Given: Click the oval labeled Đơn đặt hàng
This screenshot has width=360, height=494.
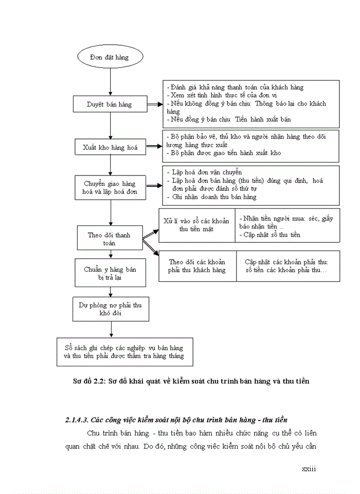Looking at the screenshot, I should (109, 57).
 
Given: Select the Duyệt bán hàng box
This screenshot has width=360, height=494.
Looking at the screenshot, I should (110, 104).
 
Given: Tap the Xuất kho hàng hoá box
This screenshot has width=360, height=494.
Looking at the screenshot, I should (110, 147).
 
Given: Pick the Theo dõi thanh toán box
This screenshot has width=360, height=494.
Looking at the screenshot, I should (109, 239).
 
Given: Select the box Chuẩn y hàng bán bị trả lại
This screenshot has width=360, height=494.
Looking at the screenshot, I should (110, 273).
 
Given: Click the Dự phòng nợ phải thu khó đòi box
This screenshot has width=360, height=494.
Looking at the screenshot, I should (110, 309).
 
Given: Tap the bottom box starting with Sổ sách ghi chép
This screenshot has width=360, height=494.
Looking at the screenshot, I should (120, 352).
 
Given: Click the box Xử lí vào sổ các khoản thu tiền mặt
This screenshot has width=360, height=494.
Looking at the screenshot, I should (196, 225).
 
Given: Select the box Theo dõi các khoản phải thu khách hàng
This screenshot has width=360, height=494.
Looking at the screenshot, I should (197, 266).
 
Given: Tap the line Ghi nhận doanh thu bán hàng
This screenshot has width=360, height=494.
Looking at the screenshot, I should (215, 197).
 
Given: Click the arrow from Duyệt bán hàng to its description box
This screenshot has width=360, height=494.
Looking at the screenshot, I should (154, 104).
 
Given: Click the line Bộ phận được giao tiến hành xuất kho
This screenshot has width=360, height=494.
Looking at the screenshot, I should (223, 153).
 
